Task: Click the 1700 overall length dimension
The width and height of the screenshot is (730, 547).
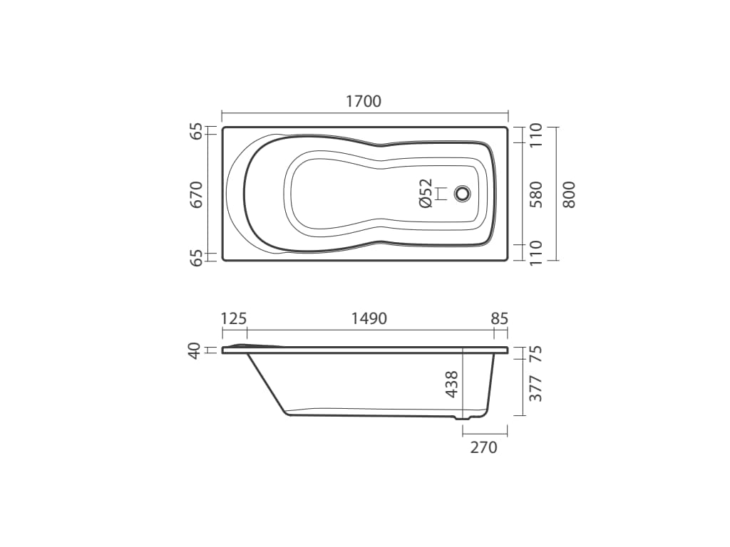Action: (x=364, y=101)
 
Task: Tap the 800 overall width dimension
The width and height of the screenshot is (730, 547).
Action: (x=569, y=194)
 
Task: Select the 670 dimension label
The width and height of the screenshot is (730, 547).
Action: (x=197, y=194)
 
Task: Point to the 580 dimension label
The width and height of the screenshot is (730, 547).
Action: (x=536, y=194)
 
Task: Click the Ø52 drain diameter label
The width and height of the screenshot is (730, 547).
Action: (x=426, y=193)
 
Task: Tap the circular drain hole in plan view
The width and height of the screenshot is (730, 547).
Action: (x=462, y=194)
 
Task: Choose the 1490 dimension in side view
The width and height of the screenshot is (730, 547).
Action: (x=369, y=318)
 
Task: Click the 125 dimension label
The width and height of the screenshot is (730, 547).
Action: (x=233, y=318)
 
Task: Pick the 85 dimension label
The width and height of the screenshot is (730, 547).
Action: (x=499, y=318)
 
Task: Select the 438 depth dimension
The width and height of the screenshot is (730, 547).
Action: (x=451, y=384)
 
